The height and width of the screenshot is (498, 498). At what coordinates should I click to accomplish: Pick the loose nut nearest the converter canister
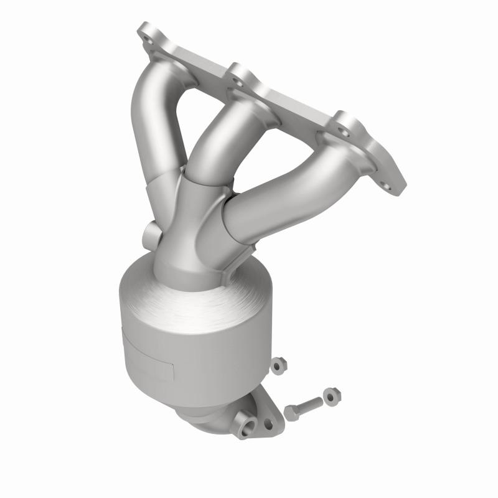(x=278, y=365)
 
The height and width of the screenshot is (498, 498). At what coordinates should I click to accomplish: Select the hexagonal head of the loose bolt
(x=292, y=412)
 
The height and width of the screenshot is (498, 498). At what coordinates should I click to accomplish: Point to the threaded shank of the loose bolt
(x=311, y=403)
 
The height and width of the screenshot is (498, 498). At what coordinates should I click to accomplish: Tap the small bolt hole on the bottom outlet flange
(x=268, y=423)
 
